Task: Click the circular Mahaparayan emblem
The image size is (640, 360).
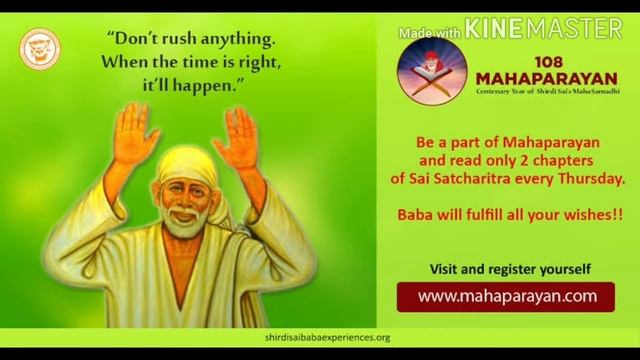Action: point(432,74)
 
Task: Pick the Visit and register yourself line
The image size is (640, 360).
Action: point(510,269)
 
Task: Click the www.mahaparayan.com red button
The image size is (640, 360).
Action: point(507,296)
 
